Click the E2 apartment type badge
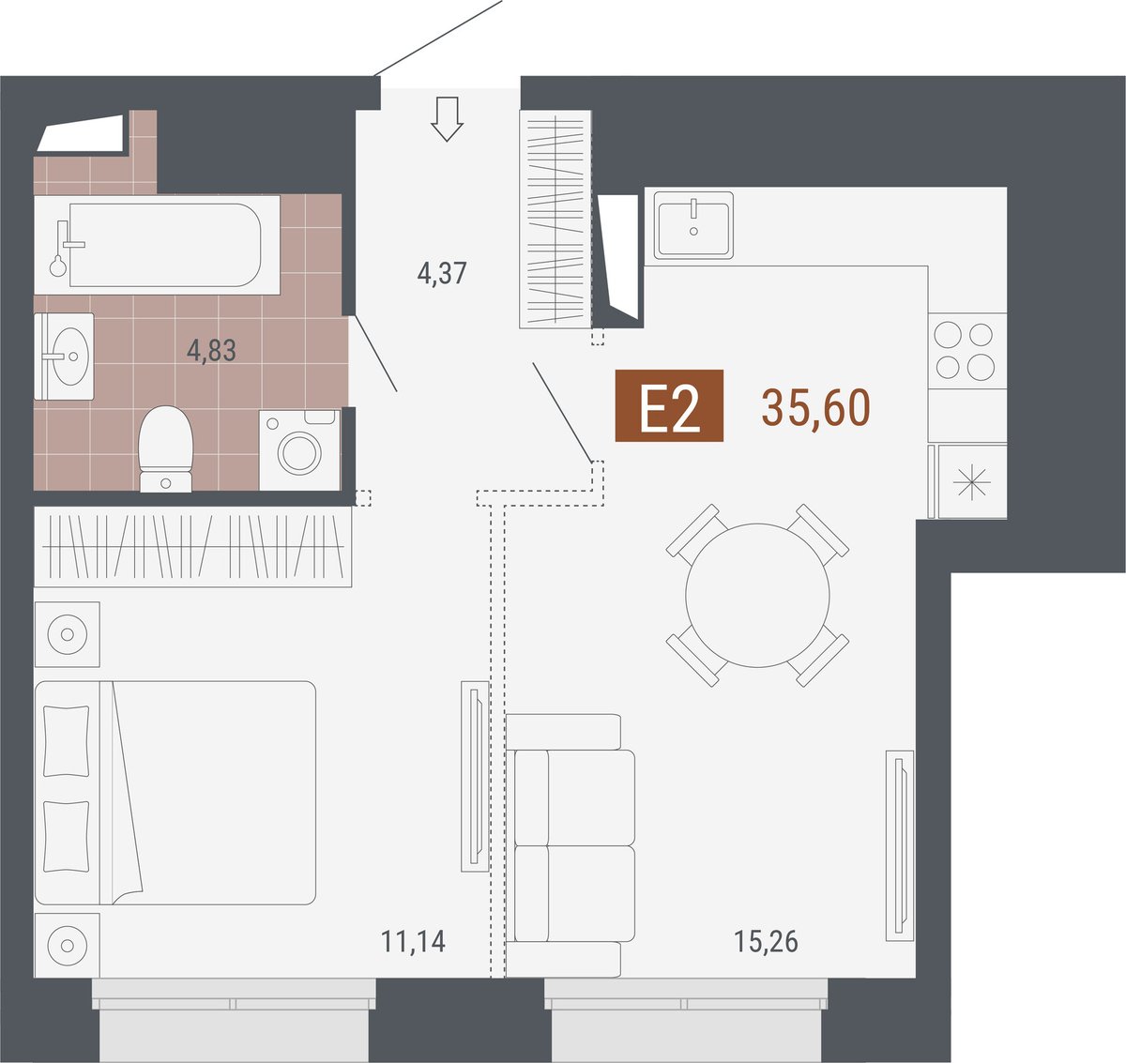pyautogui.click(x=669, y=405)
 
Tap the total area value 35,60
pyautogui.click(x=815, y=407)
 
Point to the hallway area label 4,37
pyautogui.click(x=442, y=273)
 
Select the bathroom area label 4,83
pyautogui.click(x=211, y=350)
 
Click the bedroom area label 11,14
pyautogui.click(x=413, y=942)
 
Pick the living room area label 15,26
pyautogui.click(x=766, y=942)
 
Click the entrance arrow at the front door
pyautogui.click(x=447, y=118)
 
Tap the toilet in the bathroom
pyautogui.click(x=165, y=448)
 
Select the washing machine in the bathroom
pyautogui.click(x=299, y=449)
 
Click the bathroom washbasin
pyautogui.click(x=64, y=356)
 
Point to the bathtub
pyautogui.click(x=157, y=245)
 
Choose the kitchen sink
pyautogui.click(x=693, y=225)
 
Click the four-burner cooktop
pyautogui.click(x=967, y=351)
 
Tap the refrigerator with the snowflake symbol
pyautogui.click(x=971, y=482)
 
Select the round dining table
pyautogui.click(x=757, y=595)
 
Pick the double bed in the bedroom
pyautogui.click(x=175, y=793)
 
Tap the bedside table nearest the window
pyautogui.click(x=67, y=945)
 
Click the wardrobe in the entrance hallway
pyautogui.click(x=555, y=220)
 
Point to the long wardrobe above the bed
pyautogui.click(x=192, y=547)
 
